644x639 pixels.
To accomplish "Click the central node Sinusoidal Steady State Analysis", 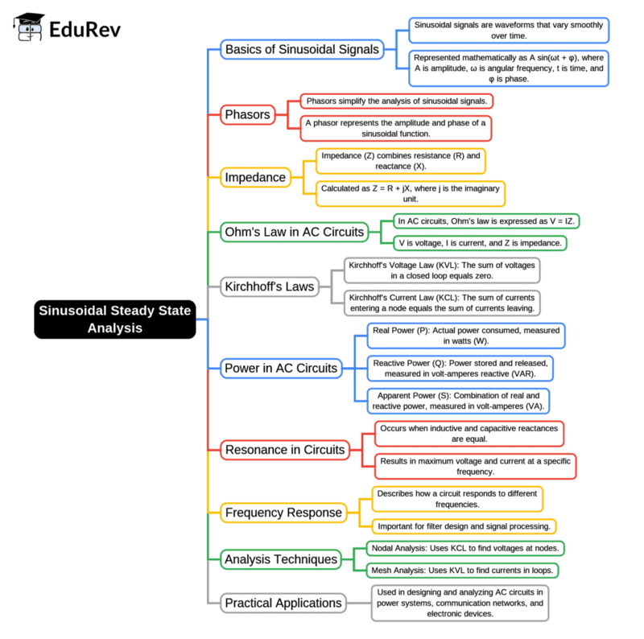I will (115, 319).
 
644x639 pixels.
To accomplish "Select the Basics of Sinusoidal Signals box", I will (301, 49).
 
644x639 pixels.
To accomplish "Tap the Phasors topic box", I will (247, 114).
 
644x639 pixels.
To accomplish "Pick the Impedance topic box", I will (255, 177).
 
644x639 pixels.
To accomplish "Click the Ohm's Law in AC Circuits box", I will (295, 233).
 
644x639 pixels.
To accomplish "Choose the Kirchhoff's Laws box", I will (270, 285).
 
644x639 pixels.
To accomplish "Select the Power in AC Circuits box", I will (281, 369).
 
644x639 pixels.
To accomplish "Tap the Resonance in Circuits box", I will (284, 449).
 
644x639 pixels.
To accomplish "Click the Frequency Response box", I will (283, 512).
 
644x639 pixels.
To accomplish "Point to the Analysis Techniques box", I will (281, 559).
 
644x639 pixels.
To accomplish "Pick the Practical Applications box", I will (283, 603).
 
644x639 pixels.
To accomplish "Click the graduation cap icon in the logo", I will (29, 29).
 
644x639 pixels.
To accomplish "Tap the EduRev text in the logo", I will (86, 30).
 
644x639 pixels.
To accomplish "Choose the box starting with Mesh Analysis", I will (463, 570).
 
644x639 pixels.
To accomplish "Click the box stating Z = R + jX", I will (410, 193).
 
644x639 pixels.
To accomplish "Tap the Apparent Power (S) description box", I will (458, 400).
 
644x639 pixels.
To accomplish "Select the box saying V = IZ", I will (489, 221).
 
